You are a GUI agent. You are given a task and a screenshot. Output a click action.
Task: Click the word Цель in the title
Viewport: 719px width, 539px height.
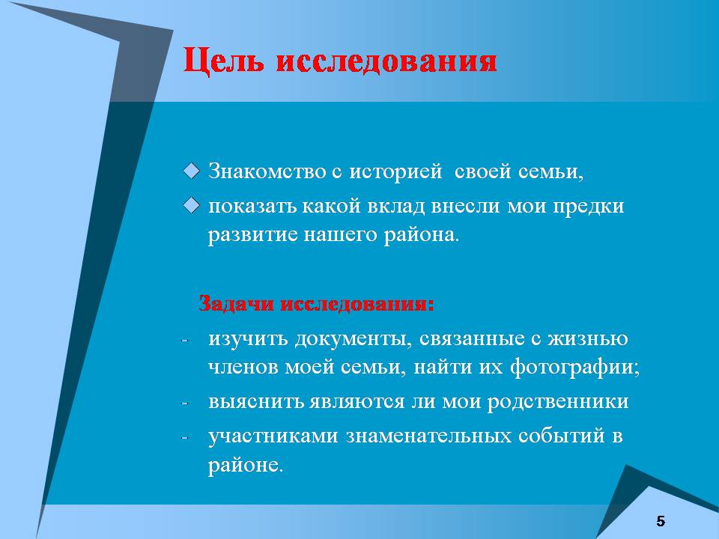(x=223, y=61)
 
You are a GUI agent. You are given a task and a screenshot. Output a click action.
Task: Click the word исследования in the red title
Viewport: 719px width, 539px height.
(x=386, y=61)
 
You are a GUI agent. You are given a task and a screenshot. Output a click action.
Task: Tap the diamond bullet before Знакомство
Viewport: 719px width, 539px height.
(x=191, y=171)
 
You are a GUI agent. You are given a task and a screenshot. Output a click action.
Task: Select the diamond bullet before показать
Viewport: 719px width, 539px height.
(x=191, y=205)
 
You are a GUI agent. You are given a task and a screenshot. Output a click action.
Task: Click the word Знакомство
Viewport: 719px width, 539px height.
(x=267, y=171)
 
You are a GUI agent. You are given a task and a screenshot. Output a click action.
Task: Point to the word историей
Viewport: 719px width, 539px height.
(x=395, y=171)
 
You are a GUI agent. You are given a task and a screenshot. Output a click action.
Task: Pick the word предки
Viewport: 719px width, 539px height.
(x=589, y=207)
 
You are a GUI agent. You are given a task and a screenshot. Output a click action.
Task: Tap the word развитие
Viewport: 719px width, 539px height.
(x=253, y=235)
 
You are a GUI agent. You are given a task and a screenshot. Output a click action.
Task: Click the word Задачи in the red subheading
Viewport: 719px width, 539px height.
(x=236, y=304)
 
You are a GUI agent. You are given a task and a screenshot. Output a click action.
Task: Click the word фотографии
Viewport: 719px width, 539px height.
(x=574, y=368)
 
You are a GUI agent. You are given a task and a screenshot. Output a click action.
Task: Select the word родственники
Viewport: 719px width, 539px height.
(x=557, y=402)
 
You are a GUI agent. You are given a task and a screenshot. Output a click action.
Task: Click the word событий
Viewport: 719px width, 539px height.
(x=561, y=436)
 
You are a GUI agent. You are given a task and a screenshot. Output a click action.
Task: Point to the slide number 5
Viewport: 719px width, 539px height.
(x=661, y=521)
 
